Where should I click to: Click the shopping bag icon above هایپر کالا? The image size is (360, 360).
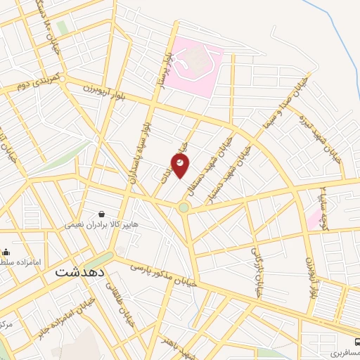[x=103, y=214]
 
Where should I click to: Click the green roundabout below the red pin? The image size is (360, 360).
[x=184, y=207]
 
